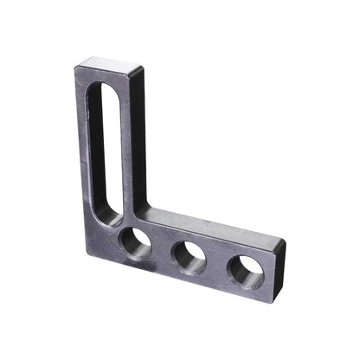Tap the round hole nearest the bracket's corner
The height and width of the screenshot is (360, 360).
click(x=135, y=243)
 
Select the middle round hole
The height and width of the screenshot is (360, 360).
click(x=189, y=257)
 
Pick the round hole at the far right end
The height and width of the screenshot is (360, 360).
click(x=245, y=271)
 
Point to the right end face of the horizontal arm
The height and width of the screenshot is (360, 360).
click(x=279, y=260)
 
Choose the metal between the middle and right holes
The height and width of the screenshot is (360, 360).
click(x=216, y=265)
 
